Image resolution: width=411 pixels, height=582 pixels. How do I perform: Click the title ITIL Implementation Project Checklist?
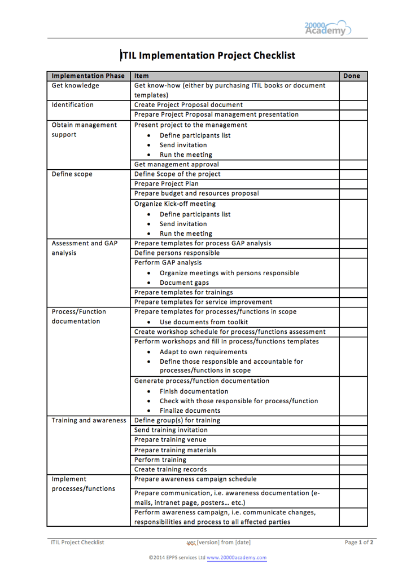tap(208, 55)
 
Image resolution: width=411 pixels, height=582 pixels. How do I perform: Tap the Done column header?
tap(351, 76)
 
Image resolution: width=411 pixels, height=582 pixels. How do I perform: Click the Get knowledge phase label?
tap(75, 86)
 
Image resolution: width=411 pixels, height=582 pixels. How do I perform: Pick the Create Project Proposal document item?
tap(189, 105)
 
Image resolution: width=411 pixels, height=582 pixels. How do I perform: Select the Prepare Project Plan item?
tap(166, 184)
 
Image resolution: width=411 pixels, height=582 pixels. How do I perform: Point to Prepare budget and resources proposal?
tap(196, 193)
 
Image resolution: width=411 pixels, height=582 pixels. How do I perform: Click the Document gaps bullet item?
tap(184, 283)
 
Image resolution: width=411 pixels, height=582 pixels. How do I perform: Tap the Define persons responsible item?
tap(177, 253)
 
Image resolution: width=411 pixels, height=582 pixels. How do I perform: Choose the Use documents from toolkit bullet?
tap(203, 322)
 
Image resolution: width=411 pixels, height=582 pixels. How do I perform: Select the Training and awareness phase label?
tap(89, 420)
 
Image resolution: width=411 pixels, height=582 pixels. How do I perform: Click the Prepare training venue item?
tap(170, 440)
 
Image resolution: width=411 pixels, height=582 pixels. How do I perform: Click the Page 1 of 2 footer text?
tap(359, 543)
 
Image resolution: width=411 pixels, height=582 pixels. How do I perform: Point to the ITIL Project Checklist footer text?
tap(77, 543)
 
